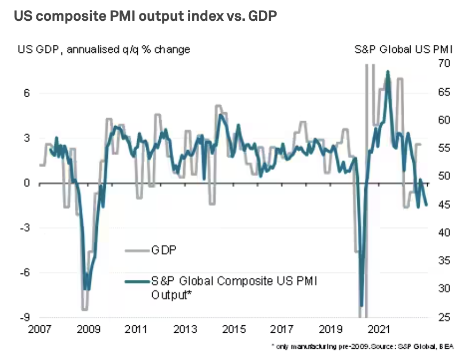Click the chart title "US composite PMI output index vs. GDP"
(145, 17)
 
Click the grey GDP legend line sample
(137, 249)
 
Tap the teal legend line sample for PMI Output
(137, 281)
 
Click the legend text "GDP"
(164, 249)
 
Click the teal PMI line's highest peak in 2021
(388, 71)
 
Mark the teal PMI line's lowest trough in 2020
(362, 306)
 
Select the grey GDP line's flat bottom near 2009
(84, 309)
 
